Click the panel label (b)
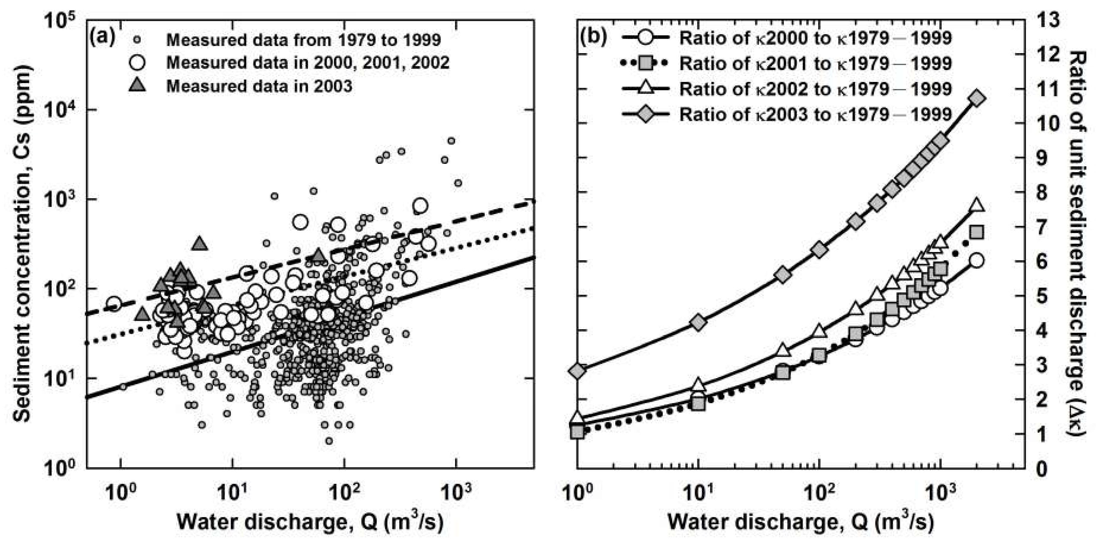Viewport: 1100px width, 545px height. click(x=594, y=38)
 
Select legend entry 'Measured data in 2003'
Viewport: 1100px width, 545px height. click(x=259, y=86)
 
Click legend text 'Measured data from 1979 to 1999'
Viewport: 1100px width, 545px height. click(x=303, y=40)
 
